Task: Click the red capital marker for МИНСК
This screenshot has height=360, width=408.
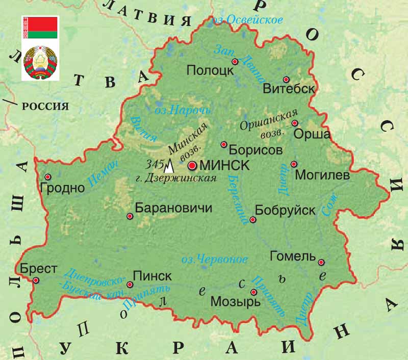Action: click(192, 166)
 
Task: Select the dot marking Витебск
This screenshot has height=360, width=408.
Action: click(286, 80)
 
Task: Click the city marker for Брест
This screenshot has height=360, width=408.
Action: click(36, 280)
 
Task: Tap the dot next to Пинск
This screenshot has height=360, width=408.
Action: click(130, 285)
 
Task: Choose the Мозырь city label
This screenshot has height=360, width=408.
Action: click(235, 301)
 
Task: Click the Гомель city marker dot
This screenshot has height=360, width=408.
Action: click(321, 263)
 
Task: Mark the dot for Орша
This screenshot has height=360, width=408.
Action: click(294, 123)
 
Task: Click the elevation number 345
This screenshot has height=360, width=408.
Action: click(154, 164)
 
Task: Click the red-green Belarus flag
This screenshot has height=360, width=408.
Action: click(40, 28)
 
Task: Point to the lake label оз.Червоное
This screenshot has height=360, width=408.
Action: click(215, 259)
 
